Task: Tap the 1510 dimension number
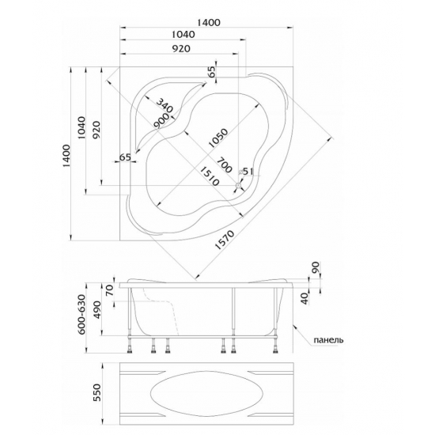tap(210, 176)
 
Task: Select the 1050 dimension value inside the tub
tap(218, 138)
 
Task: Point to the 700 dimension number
tap(224, 165)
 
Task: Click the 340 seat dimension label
tap(165, 105)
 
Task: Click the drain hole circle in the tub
tap(238, 186)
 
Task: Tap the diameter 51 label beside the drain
tap(246, 172)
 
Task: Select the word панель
tap(328, 339)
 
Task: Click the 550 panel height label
tap(97, 392)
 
